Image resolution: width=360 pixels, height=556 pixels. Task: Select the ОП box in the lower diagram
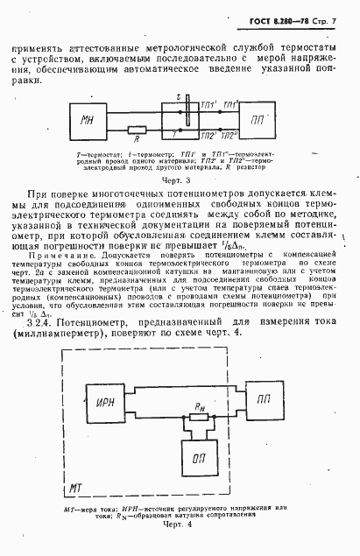(199, 460)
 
